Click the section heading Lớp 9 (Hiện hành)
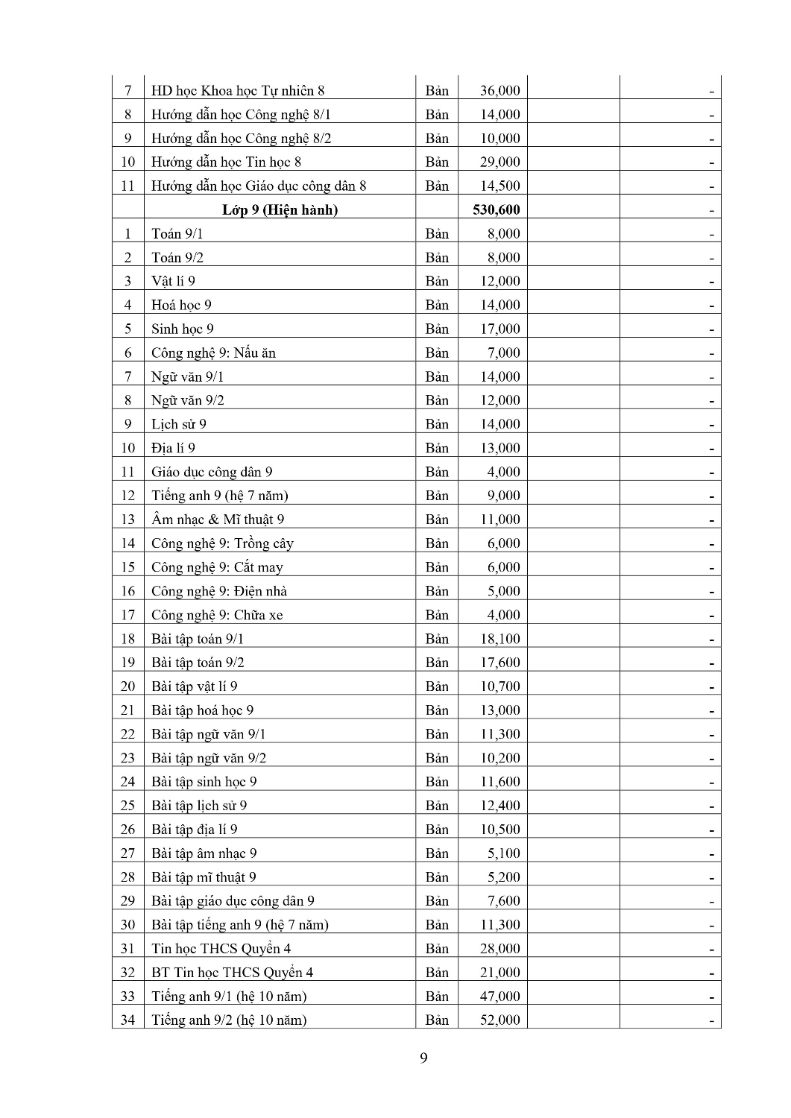[x=280, y=209]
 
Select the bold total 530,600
[x=496, y=209]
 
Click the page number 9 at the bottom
[x=423, y=1058]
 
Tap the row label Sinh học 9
[x=183, y=329]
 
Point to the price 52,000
[x=500, y=1020]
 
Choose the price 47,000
[x=500, y=996]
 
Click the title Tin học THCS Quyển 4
[x=221, y=948]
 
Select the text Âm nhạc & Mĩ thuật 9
[x=218, y=519]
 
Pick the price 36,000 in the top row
[x=500, y=91]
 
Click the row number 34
[x=127, y=1020]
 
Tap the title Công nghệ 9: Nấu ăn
[x=213, y=353]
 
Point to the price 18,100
[x=500, y=639]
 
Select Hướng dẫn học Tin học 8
[x=226, y=162]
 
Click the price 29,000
[x=500, y=162]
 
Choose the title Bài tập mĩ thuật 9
[x=204, y=877]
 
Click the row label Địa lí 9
[x=173, y=448]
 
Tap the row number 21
[x=127, y=710]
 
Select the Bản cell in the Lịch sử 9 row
[x=437, y=424]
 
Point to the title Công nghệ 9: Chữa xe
[x=217, y=615]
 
